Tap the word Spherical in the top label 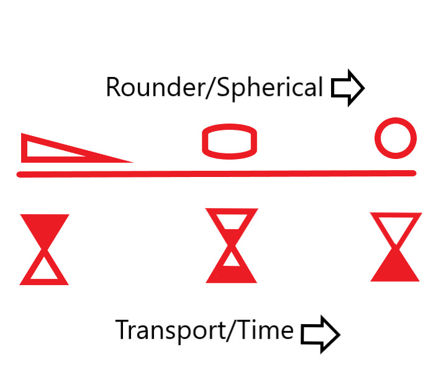click(268, 88)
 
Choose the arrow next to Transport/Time click(321, 334)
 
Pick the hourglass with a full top click(44, 249)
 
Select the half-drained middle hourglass click(231, 245)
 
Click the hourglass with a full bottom click(396, 247)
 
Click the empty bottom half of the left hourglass click(44, 271)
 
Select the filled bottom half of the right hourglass click(396, 268)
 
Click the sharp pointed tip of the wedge click(129, 161)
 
